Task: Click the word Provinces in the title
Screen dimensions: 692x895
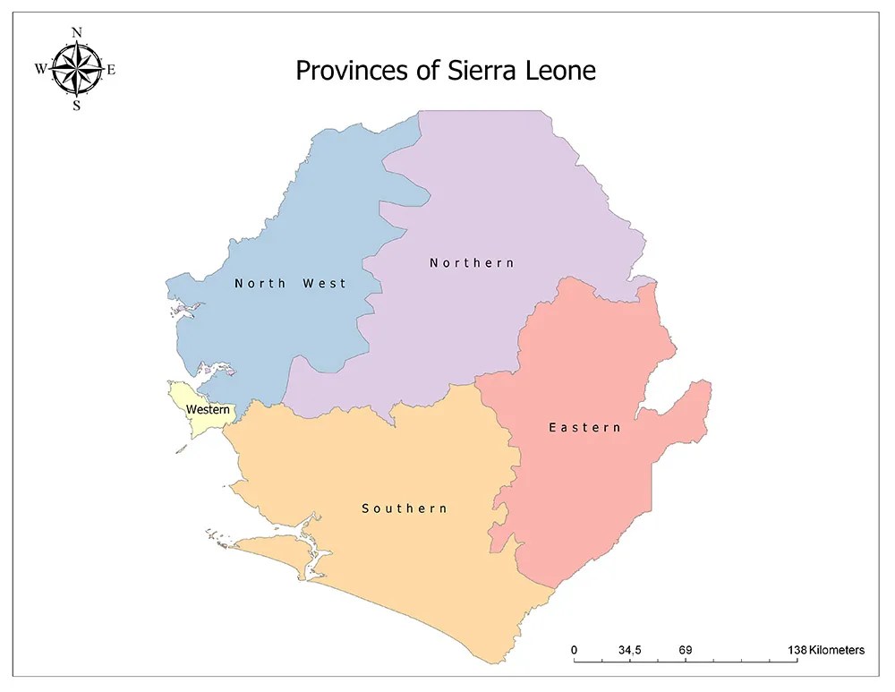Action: click(x=348, y=71)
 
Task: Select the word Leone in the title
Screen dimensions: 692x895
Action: click(x=559, y=70)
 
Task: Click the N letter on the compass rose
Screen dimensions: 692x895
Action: click(x=77, y=33)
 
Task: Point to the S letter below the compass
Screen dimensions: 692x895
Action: click(x=77, y=105)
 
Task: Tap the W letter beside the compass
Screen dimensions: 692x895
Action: click(x=41, y=69)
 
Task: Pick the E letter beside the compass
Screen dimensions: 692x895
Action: click(x=111, y=69)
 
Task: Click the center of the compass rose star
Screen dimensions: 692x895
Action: click(x=77, y=68)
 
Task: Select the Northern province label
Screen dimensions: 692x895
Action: click(x=472, y=262)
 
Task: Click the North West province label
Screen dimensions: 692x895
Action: click(x=290, y=283)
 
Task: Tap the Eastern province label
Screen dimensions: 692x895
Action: click(x=584, y=428)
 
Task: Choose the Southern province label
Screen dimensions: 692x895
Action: click(x=405, y=508)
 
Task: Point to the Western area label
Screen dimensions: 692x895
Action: click(x=208, y=410)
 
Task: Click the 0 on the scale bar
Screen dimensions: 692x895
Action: click(x=574, y=650)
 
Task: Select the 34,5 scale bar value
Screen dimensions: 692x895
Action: click(x=629, y=650)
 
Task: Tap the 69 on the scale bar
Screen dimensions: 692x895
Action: click(x=686, y=650)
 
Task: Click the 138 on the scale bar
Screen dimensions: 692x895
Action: click(x=797, y=650)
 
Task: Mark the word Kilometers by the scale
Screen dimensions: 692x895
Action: click(x=837, y=650)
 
